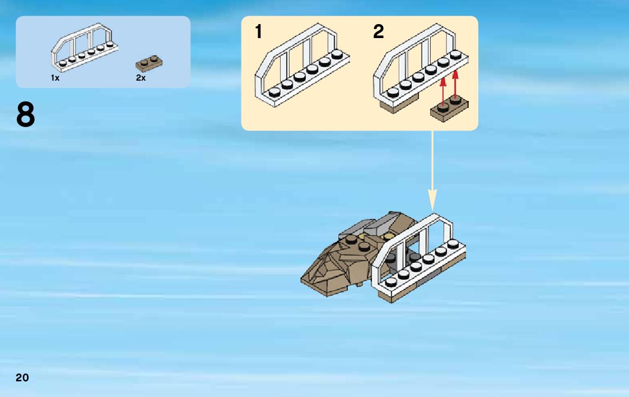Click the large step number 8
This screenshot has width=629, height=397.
pos(26,115)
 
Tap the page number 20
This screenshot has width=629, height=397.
pos(22,377)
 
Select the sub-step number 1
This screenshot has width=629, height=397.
pos(258,32)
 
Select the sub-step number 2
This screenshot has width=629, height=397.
pos(379,32)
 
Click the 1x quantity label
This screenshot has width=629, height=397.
pos(55,78)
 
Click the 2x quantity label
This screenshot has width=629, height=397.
pos(141,78)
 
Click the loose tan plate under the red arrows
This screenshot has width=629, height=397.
pos(449,109)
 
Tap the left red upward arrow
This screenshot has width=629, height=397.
pos(443,90)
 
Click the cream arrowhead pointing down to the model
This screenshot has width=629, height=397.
pos(432,199)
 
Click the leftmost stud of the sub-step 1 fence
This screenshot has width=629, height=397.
pos(274,92)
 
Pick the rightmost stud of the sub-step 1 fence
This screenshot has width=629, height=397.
pos(337,54)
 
